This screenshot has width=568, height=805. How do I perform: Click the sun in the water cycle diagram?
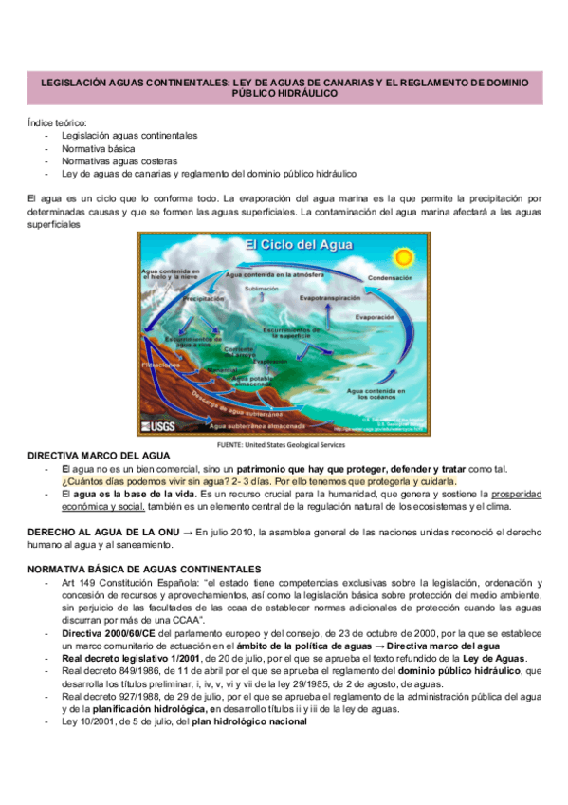(x=404, y=254)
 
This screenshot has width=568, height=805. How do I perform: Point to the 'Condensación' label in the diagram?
(x=390, y=279)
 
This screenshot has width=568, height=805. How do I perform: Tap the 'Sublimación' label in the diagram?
(x=262, y=287)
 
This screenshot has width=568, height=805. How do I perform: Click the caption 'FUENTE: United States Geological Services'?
(x=283, y=443)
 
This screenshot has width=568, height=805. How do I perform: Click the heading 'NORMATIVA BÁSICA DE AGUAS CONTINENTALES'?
(x=143, y=568)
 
